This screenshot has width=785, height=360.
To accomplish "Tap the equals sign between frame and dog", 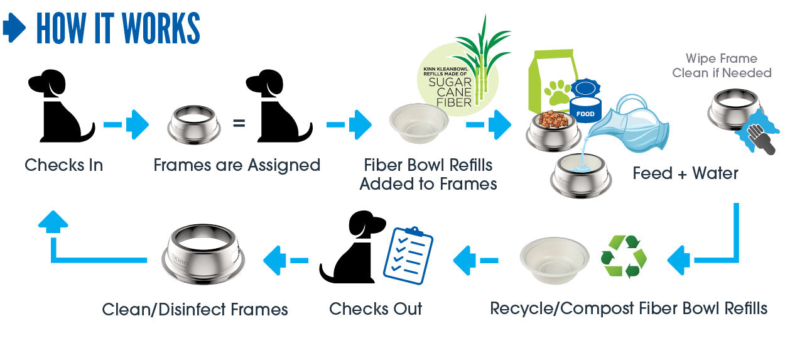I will click(239, 124).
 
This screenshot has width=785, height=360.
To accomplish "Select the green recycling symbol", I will click(623, 257).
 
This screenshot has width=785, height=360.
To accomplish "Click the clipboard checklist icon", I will click(409, 254).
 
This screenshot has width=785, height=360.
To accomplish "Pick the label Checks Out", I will click(376, 309).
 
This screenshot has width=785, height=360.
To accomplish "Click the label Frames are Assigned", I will click(237, 165).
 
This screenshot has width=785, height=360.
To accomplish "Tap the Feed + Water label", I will click(685, 173).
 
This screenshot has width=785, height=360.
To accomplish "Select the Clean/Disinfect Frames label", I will click(195, 310).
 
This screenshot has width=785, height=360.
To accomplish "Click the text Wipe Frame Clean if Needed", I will click(722, 66).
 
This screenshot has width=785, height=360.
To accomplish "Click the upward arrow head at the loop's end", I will click(53, 221).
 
